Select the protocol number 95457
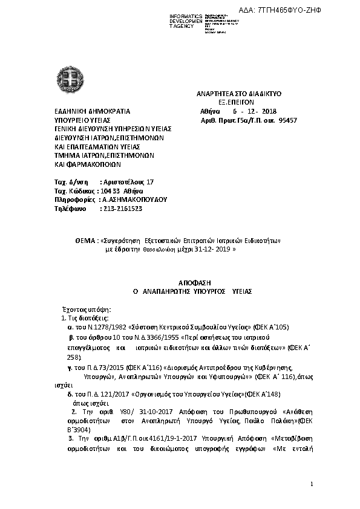[287, 120]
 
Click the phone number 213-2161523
[121, 209]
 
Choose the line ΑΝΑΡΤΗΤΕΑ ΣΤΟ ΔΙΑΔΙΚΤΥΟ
[240, 94]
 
